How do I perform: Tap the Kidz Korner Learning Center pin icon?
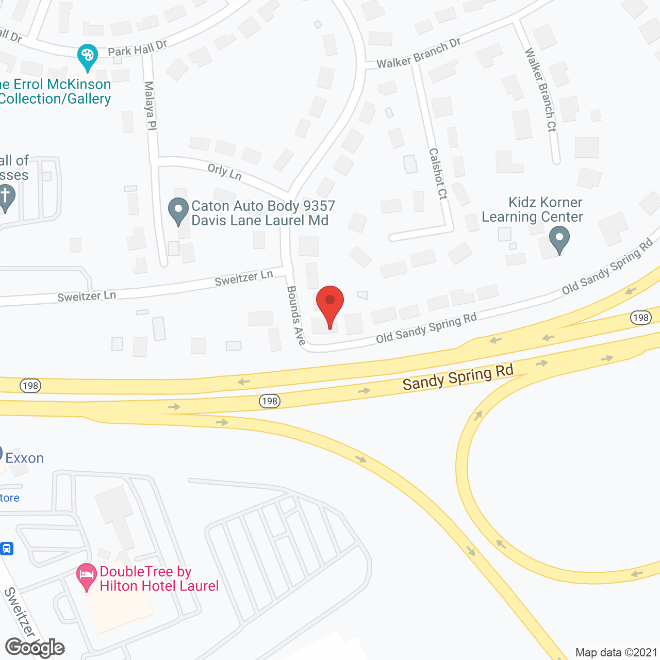[x=559, y=239]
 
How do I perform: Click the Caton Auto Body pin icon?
[x=178, y=210]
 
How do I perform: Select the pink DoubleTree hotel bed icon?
[x=87, y=576]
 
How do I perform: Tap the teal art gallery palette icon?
[x=88, y=56]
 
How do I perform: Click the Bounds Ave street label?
[x=296, y=315]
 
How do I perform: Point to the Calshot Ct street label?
[x=438, y=174]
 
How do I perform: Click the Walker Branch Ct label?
[x=541, y=90]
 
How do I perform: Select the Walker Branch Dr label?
[x=419, y=54]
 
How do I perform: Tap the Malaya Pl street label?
[x=150, y=105]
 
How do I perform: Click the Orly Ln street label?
[x=225, y=172]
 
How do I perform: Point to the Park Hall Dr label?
[x=137, y=49]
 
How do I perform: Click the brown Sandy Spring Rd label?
[x=458, y=377]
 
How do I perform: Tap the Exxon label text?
[x=24, y=458]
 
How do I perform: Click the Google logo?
[x=35, y=648]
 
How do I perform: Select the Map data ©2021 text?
[x=616, y=652]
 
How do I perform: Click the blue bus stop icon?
[x=7, y=548]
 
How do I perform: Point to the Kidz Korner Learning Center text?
[x=532, y=209]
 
